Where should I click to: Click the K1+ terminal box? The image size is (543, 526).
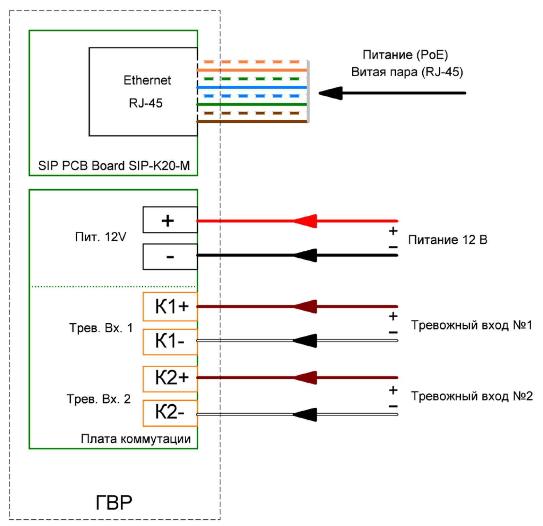(x=170, y=307)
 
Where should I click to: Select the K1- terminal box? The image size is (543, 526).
(x=170, y=342)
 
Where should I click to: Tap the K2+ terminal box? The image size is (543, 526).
(x=170, y=379)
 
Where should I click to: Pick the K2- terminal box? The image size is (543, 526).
(x=170, y=413)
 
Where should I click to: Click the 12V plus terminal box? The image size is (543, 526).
(x=170, y=220)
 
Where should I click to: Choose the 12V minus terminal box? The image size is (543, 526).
(x=170, y=257)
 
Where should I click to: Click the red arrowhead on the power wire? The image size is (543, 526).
(x=306, y=221)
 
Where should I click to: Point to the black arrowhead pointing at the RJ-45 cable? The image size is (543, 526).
(x=331, y=93)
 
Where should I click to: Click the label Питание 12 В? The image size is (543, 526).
(x=448, y=240)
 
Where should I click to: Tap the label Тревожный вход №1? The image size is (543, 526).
(x=471, y=325)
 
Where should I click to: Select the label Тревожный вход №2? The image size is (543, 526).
(x=471, y=396)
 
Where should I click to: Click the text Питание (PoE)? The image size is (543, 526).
(x=405, y=55)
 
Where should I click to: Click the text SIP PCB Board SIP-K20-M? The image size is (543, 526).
(x=114, y=166)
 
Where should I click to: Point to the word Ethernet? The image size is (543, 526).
(x=147, y=80)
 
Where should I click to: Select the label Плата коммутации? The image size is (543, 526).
(x=136, y=439)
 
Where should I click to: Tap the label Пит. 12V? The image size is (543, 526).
(x=101, y=237)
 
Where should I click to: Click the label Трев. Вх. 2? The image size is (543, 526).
(x=99, y=399)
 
